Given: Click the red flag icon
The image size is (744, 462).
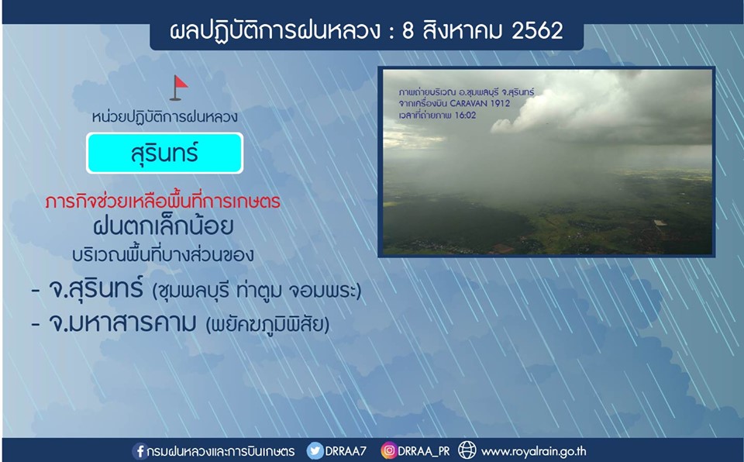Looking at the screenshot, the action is [179, 88].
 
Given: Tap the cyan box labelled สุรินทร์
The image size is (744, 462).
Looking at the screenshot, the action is [164, 153].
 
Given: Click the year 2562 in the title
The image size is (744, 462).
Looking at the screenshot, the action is [537, 31].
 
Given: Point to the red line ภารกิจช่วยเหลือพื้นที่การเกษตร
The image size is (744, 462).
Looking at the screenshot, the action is [163, 202].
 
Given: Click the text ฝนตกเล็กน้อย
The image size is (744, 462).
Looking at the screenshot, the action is [164, 226].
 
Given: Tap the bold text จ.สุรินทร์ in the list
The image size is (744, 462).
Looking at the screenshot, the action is [96, 288].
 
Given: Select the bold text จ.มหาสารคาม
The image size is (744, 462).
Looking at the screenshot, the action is [122, 323].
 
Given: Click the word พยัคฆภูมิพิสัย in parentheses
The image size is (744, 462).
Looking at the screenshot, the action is [267, 325].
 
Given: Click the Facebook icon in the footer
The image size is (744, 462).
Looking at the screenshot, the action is [140, 450].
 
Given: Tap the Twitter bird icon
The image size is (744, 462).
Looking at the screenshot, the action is [315, 450].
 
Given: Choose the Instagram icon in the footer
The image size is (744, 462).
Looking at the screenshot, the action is [388, 450].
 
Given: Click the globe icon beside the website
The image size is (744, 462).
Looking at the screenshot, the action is [467, 450].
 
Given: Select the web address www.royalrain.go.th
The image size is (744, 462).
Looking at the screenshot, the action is [533, 451].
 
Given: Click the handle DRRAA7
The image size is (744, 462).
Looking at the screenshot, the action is [345, 450].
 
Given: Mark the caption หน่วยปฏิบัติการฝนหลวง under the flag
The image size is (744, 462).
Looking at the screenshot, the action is [164, 117].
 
